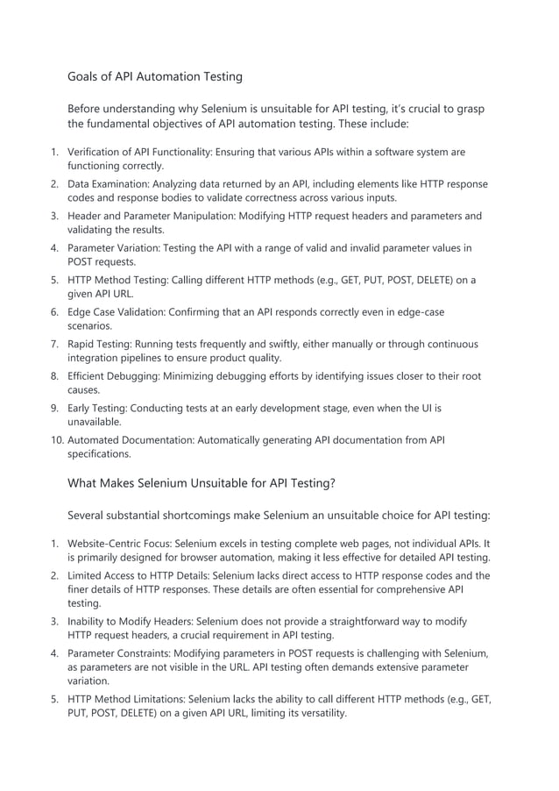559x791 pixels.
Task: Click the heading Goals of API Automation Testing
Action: click(155, 77)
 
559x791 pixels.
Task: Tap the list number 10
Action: click(53, 440)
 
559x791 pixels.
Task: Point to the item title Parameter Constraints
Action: click(119, 653)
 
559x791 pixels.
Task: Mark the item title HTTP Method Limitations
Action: click(126, 699)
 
